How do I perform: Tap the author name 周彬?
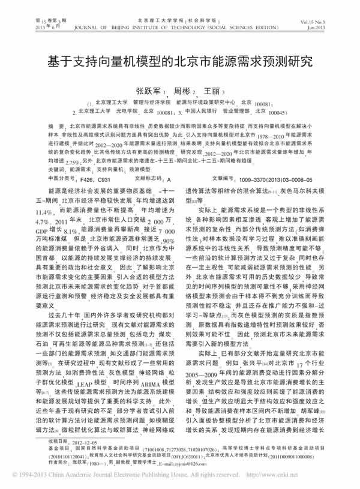click(182, 91)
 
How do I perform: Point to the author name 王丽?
click(211, 91)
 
